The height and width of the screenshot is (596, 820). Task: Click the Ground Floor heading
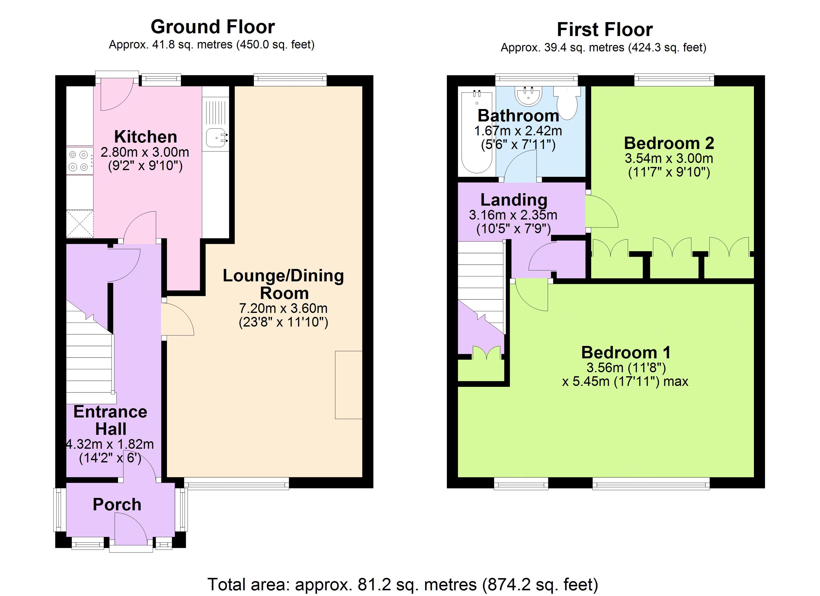click(x=213, y=27)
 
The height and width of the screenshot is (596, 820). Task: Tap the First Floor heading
click(x=605, y=29)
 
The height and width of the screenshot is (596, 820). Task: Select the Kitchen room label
click(x=146, y=137)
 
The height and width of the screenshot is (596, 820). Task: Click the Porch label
click(x=117, y=505)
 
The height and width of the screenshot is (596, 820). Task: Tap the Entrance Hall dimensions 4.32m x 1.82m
click(x=110, y=444)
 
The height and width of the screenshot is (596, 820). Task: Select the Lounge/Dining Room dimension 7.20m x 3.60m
click(x=284, y=308)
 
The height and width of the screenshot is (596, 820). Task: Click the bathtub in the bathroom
click(x=477, y=133)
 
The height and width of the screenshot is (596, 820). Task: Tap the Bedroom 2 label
click(x=669, y=143)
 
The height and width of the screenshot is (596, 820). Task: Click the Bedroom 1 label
click(x=626, y=352)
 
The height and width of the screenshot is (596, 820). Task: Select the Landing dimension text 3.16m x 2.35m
click(x=513, y=215)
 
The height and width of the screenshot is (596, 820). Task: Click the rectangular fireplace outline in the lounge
click(x=349, y=385)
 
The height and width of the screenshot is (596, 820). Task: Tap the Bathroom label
click(x=519, y=116)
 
